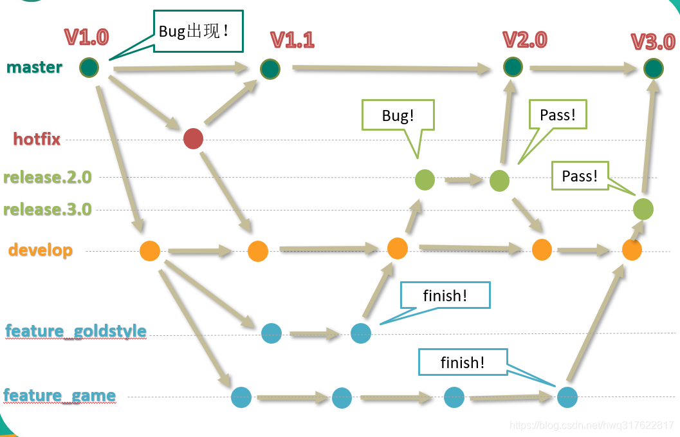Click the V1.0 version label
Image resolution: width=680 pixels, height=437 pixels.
point(86,37)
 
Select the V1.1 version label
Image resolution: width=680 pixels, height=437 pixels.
point(292,40)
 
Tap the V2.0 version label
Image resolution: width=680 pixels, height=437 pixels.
point(524,39)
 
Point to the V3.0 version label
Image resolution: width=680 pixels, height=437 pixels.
point(652,42)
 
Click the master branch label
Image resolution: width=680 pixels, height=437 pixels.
point(35,67)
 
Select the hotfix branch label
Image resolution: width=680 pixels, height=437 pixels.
point(37,138)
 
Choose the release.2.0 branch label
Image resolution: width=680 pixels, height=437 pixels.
point(48,177)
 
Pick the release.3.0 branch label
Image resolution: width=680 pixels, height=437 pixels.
point(48,209)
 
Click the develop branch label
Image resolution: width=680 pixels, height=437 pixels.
point(41,250)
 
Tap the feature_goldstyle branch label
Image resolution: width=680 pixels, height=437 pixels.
point(76,331)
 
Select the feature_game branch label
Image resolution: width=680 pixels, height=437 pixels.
point(60,395)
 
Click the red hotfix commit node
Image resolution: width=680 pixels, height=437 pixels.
point(193,138)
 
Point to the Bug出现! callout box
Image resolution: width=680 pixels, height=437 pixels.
point(198,31)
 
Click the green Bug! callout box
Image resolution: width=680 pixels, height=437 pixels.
point(398,116)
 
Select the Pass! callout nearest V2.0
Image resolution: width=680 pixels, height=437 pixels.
point(557,116)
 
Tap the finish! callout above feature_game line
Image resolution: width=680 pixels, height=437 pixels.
point(463,362)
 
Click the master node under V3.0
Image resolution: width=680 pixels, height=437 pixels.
point(653,68)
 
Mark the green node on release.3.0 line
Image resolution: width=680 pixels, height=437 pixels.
point(643,209)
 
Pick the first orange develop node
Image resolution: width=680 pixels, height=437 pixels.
point(150,250)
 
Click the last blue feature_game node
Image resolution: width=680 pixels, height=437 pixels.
point(567,397)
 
